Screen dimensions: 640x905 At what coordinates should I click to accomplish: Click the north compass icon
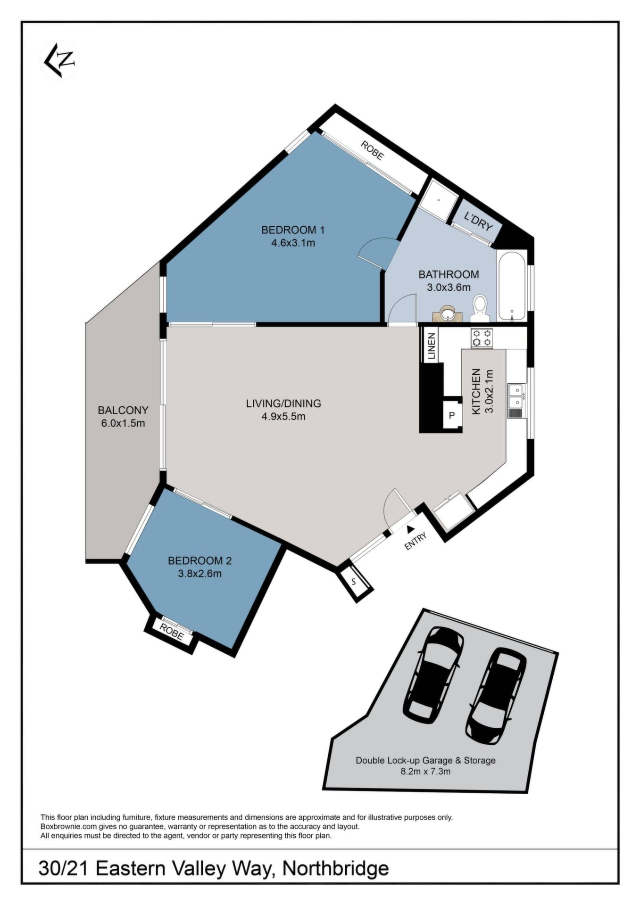coord(60,60)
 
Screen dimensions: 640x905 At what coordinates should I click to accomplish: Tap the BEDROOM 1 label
coord(293,230)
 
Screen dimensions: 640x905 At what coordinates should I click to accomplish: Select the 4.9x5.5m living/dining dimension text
coord(283,417)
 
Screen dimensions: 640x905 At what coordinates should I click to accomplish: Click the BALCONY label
coord(123,410)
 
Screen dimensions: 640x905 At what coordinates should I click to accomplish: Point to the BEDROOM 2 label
coord(200,560)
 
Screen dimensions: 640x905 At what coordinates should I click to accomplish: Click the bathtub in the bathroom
coord(512,286)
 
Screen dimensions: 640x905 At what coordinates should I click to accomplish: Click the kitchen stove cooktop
coord(482,337)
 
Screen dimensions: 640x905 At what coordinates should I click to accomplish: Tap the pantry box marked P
coord(452,415)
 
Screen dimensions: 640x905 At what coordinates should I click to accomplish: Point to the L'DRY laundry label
coord(478,222)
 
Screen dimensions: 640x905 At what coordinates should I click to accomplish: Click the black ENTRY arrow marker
coord(411,529)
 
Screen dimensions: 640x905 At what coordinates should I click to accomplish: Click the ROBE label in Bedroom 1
coord(372,150)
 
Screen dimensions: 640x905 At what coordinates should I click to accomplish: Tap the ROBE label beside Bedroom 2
coord(172,631)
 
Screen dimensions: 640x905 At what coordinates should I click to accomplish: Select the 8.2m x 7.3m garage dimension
coord(425,772)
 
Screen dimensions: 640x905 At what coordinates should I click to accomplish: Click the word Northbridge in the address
coord(335,868)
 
